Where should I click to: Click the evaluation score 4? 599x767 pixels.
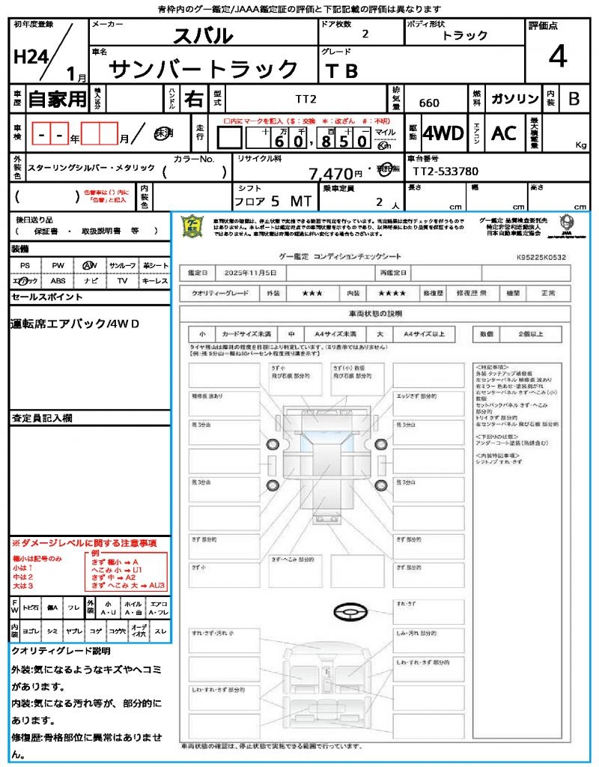tap(556, 57)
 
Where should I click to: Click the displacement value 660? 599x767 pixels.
tap(429, 103)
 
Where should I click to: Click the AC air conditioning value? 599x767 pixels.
tap(504, 133)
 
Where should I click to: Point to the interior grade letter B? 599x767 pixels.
tap(574, 99)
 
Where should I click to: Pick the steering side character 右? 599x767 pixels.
tap(193, 99)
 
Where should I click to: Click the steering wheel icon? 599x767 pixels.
tap(350, 613)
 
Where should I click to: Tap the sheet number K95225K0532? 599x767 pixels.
tap(541, 257)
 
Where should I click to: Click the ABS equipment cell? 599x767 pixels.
tap(58, 281)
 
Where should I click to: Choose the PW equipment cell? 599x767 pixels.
tap(58, 265)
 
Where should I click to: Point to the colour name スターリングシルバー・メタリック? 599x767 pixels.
tap(91, 170)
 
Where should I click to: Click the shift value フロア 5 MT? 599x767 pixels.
tap(270, 201)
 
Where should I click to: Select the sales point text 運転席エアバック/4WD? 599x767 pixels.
tap(75, 324)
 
